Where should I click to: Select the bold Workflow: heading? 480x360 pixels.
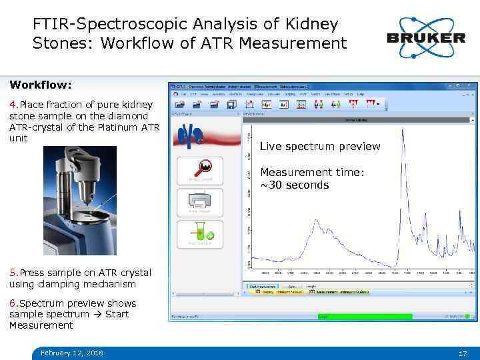pos(41,85)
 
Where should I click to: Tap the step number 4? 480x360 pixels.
pos(13,105)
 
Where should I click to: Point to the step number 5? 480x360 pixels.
pos(13,273)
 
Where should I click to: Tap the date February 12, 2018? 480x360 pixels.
pos(71,353)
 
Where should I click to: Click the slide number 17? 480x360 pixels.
pos(463,353)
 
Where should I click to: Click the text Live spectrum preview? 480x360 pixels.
pos(320,146)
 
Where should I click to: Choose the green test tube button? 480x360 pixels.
pos(200,233)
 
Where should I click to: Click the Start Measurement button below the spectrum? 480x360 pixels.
pos(262,286)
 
